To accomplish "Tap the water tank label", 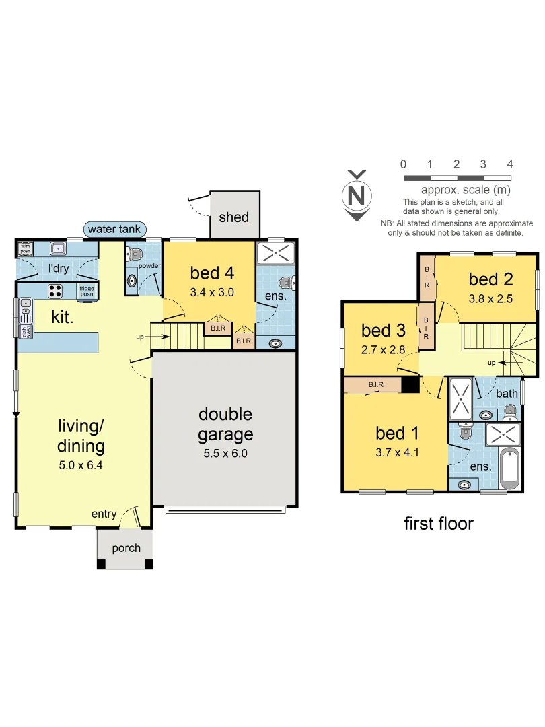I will coord(114,229).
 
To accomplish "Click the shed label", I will coord(233,217).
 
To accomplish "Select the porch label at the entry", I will coord(126,548).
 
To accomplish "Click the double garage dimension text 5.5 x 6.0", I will coord(225,453).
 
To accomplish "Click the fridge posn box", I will coord(87,291).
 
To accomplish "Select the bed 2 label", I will coord(490,279).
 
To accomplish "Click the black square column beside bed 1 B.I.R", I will coord(410,384).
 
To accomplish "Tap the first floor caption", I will coord(439,523).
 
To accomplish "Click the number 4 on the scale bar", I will coord(510,164).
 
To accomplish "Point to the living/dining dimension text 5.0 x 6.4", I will coord(81,464).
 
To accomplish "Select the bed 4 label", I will coord(212,273).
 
